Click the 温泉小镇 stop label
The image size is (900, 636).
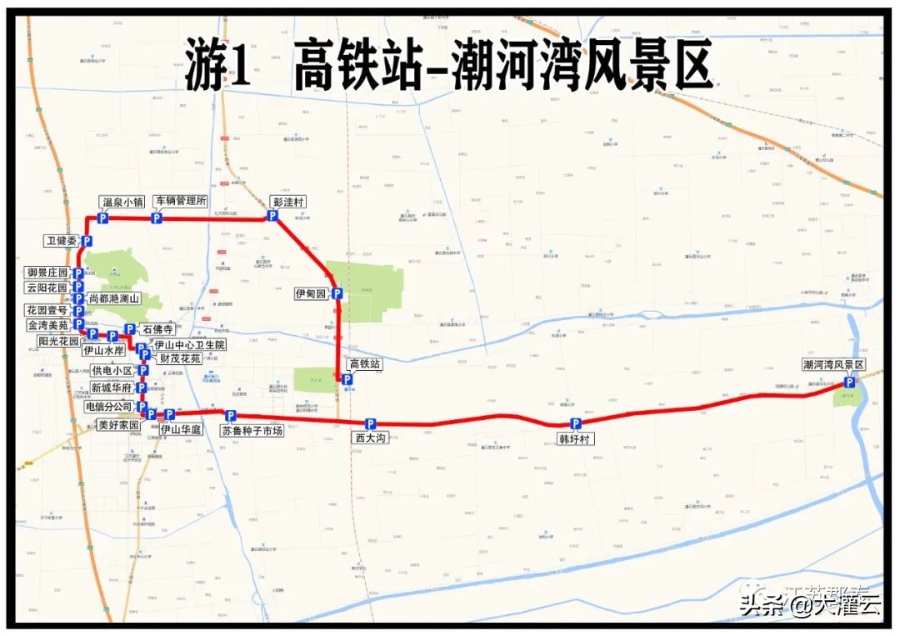[123, 202]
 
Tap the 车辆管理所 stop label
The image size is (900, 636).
[180, 201]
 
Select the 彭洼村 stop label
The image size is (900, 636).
[289, 202]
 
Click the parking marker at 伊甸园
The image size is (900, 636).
[337, 293]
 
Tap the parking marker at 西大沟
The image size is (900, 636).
[371, 423]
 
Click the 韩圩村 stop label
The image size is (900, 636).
[576, 438]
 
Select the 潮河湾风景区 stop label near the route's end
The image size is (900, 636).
[833, 365]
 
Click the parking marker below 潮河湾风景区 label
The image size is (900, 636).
[849, 382]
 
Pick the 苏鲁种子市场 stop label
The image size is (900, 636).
[252, 431]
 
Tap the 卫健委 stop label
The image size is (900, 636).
[62, 241]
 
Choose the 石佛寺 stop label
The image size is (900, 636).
[157, 329]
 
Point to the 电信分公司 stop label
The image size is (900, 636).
[109, 407]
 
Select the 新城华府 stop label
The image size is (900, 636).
[112, 388]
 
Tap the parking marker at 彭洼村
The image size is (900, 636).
[272, 216]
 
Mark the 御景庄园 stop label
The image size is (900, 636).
[47, 273]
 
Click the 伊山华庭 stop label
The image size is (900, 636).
[182, 430]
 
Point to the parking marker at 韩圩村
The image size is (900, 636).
[575, 424]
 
